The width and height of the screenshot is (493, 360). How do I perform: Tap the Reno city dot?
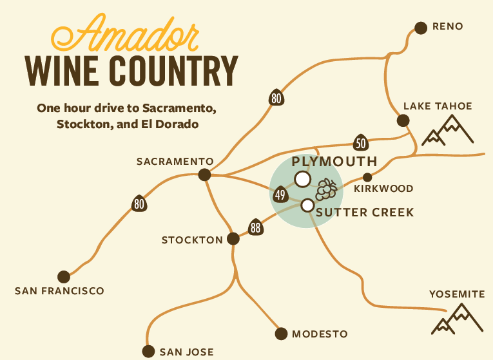click(421, 27)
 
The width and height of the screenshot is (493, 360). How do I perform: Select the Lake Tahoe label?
click(438, 106)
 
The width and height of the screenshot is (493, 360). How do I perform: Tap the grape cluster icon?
click(326, 189)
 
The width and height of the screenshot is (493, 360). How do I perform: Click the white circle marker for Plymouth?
click(302, 178)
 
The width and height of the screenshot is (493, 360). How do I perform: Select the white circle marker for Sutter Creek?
click(307, 205)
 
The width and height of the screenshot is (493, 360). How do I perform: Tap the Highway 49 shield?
click(280, 194)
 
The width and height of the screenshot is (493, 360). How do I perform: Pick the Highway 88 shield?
click(256, 227)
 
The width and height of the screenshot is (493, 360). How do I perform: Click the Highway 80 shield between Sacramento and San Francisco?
click(139, 204)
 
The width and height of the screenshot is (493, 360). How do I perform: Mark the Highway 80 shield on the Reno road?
click(276, 97)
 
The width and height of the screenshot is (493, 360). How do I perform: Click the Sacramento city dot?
click(205, 175)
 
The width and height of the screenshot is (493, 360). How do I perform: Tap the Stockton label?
click(191, 240)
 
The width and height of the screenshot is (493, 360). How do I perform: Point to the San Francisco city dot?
click(63, 276)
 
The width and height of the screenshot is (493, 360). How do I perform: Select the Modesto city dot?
click(281, 334)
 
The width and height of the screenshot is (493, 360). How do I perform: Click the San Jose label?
click(186, 352)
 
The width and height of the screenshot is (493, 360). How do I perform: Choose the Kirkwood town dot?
click(367, 177)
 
